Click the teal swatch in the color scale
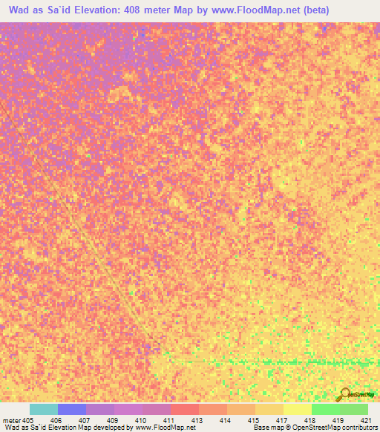[44, 409]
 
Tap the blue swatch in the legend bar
[72, 409]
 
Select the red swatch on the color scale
[185, 409]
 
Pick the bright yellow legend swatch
[297, 409]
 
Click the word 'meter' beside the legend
[10, 420]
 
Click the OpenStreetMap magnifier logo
[345, 393]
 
